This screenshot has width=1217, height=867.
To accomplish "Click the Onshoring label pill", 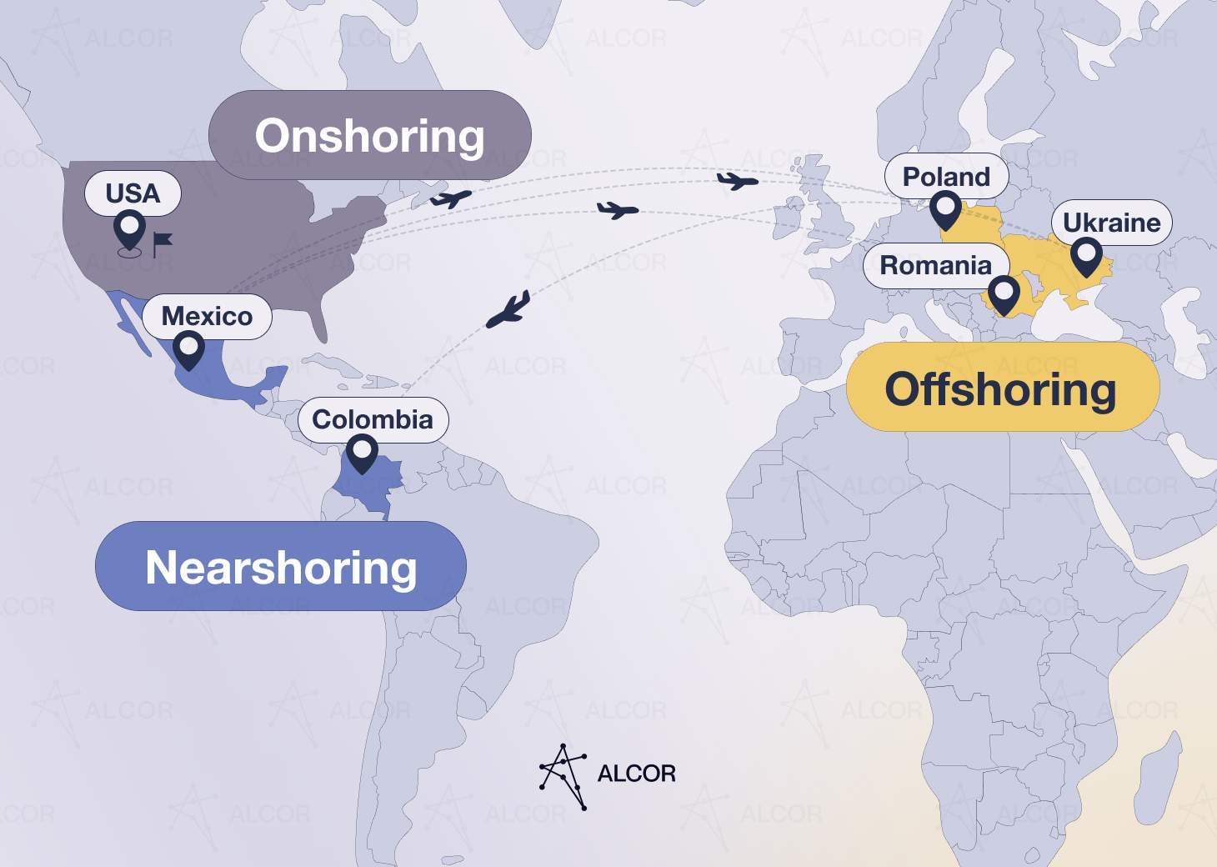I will click(x=369, y=135).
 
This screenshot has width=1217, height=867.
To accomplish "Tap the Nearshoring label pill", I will click(x=281, y=567).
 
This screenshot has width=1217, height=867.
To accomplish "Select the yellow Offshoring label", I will click(x=1001, y=388).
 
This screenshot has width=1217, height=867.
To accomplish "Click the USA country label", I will click(x=133, y=193).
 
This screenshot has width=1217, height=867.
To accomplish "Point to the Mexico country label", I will click(x=207, y=316).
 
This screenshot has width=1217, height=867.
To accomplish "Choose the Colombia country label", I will click(x=373, y=419).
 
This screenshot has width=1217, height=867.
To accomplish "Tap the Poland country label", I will click(x=946, y=177).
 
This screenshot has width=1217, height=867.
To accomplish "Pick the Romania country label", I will click(x=935, y=265).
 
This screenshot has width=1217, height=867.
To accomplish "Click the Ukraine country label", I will click(x=1111, y=223).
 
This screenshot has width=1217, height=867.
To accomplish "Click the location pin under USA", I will click(x=130, y=229).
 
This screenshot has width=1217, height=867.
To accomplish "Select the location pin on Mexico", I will click(x=188, y=349).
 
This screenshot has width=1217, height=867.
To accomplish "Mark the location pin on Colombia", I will click(x=362, y=453).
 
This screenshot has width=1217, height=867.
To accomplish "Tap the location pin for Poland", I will click(x=945, y=208).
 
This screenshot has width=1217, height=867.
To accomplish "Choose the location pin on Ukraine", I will click(x=1086, y=255).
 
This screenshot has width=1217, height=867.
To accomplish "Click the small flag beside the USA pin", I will click(x=162, y=243).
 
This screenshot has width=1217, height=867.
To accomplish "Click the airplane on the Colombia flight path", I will click(x=508, y=310).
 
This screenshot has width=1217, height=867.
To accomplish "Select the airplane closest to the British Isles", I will click(x=738, y=180).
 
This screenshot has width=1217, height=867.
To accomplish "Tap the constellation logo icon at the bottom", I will click(x=563, y=775).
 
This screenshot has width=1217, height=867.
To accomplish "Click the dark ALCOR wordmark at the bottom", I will click(x=636, y=774).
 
